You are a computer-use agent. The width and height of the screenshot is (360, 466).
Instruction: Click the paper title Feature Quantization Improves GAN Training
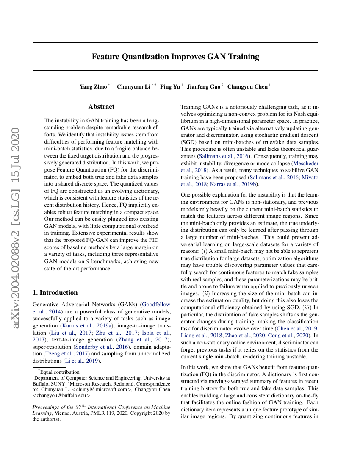tap(175, 57)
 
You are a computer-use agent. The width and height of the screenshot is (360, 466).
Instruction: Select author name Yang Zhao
tap(93, 87)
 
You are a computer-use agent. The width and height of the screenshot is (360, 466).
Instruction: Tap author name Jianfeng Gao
tap(204, 87)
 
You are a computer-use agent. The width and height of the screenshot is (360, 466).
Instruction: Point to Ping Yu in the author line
tap(170, 87)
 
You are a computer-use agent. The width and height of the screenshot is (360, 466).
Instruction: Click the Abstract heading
tap(101, 107)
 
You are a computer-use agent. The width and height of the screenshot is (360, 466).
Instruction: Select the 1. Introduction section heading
tap(55, 293)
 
